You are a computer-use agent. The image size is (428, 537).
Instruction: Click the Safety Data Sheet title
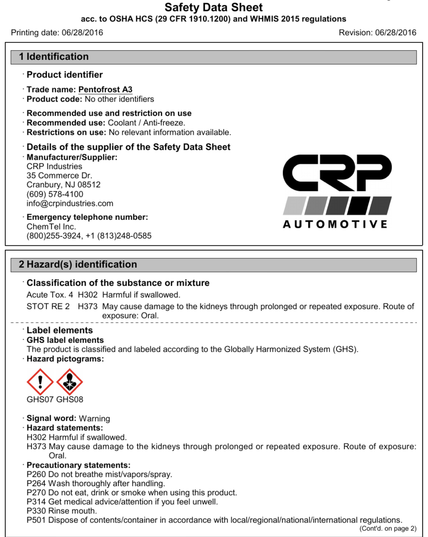(x=213, y=8)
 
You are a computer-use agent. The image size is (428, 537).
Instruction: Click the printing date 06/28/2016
(x=82, y=33)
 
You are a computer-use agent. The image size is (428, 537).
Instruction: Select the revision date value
(x=396, y=33)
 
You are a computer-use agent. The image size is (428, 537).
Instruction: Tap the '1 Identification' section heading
(x=54, y=57)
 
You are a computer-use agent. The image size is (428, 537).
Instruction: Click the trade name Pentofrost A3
(x=105, y=89)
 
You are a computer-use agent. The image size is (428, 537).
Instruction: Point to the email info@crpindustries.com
(x=70, y=203)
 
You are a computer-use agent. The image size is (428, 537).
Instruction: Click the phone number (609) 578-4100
(x=55, y=194)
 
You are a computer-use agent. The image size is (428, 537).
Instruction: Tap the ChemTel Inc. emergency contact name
(x=51, y=227)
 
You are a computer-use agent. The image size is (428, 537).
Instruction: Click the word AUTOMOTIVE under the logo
(x=335, y=224)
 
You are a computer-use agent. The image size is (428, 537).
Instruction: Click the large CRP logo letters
(x=337, y=173)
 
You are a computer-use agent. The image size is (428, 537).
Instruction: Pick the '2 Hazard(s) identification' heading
(x=78, y=265)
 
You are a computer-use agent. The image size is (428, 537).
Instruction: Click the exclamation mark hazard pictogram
(x=40, y=382)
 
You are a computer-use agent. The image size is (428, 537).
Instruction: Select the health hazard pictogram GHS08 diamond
(x=69, y=382)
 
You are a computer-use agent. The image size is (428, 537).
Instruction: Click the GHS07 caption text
(x=40, y=399)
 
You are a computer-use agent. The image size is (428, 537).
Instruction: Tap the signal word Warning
(x=94, y=418)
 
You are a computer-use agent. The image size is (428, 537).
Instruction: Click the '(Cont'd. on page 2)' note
(x=388, y=528)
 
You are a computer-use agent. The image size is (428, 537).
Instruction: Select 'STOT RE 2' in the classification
(x=48, y=307)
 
